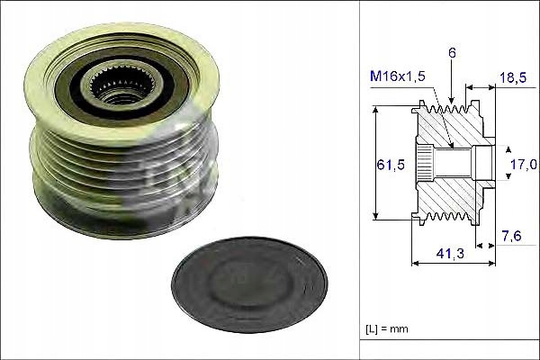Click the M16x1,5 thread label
click(398, 76)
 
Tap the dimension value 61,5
click(391, 165)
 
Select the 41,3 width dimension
click(450, 254)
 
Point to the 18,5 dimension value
click(513, 77)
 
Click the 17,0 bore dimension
click(524, 165)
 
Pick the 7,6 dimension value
click(512, 236)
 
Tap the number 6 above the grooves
click(452, 53)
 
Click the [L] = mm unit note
click(387, 328)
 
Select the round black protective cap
click(249, 284)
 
